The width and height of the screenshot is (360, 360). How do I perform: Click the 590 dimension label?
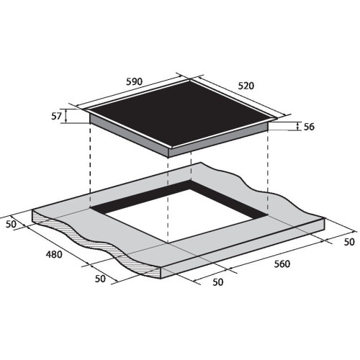click(x=135, y=82)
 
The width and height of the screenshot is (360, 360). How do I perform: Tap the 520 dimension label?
click(x=246, y=86)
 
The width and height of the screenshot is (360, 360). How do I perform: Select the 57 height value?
click(x=57, y=117)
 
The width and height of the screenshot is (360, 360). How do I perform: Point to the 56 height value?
click(x=309, y=127)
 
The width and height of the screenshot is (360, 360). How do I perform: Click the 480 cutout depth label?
click(x=54, y=254)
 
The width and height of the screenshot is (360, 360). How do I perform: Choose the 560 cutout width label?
click(x=282, y=264)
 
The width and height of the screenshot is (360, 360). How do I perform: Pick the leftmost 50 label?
click(x=11, y=224)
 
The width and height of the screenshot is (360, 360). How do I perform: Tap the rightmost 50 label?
click(x=349, y=242)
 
